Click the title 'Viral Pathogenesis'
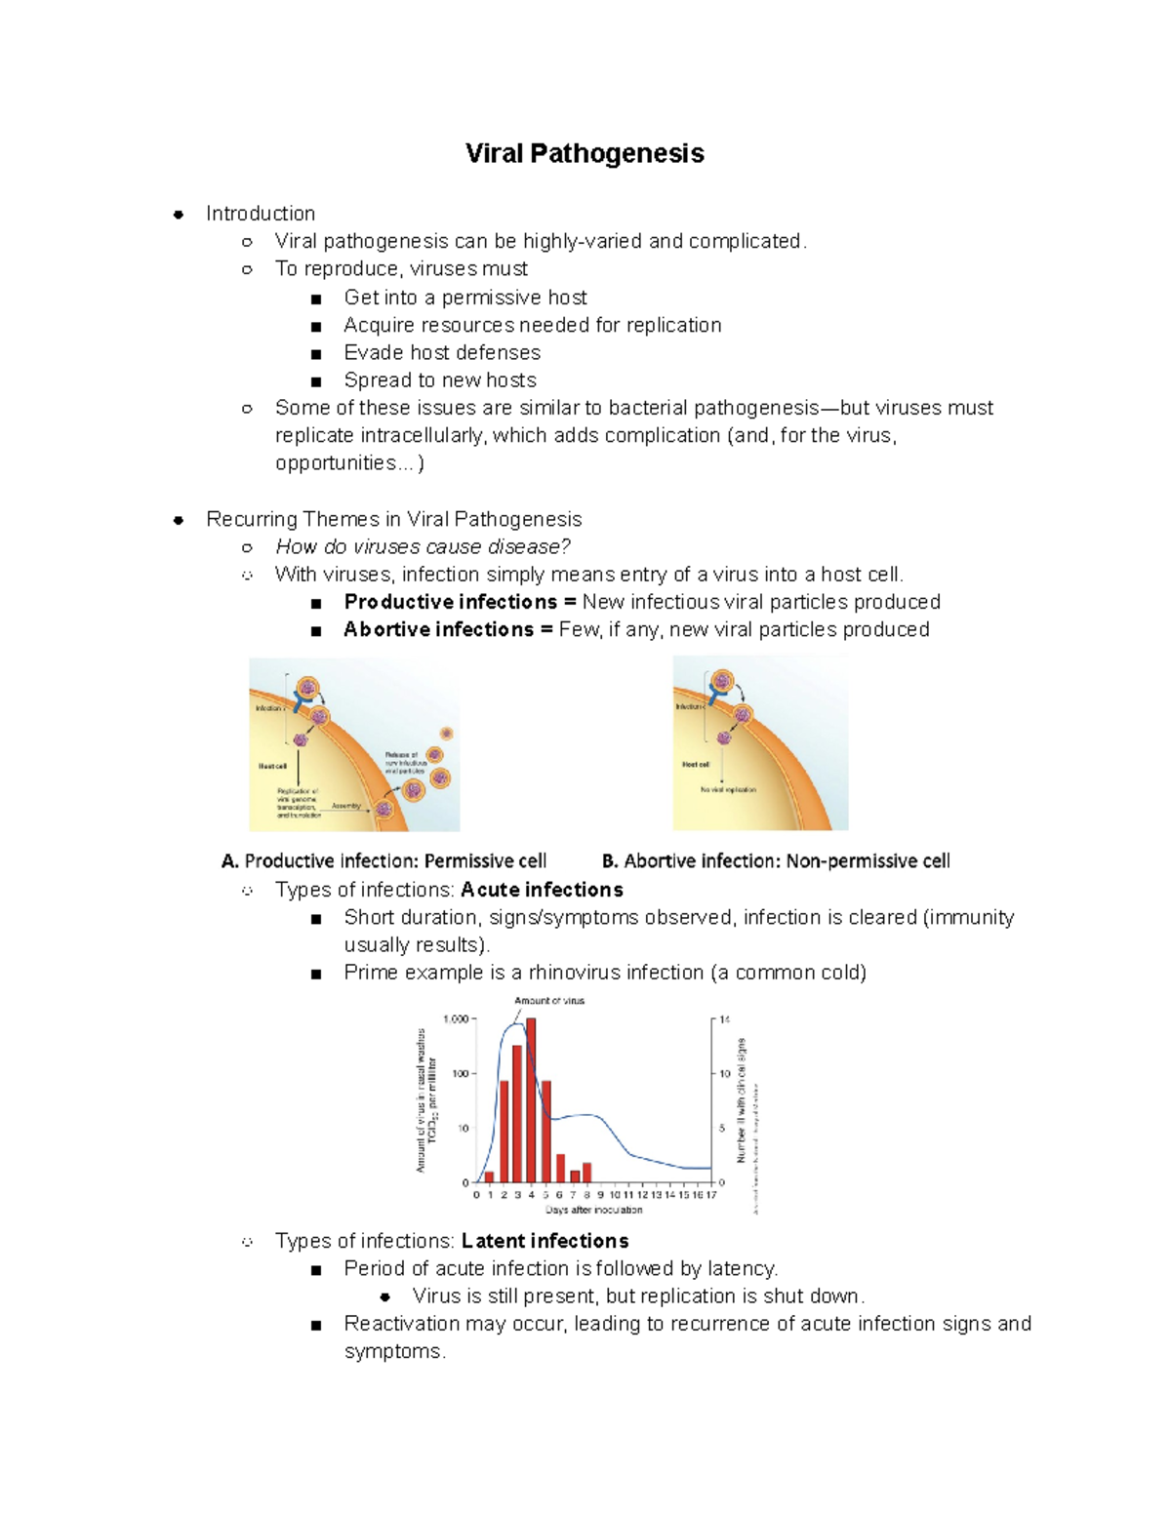point(585,153)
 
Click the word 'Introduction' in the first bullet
point(261,214)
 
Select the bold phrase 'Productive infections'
point(450,602)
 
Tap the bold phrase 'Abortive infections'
point(438,629)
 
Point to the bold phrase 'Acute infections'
point(542,890)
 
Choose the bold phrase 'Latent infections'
point(545,1241)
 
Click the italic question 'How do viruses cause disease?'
point(423,546)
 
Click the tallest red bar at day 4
point(531,1099)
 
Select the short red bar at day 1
point(490,1176)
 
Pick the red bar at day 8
point(586,1172)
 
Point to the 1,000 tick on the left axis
point(456,1019)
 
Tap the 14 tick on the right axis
point(725,1019)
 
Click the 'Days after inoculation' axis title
point(593,1210)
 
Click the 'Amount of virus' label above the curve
point(549,1001)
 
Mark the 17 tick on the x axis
point(711,1195)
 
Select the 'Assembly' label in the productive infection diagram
point(345,806)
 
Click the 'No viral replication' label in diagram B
point(728,789)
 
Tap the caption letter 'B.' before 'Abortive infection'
point(610,861)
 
